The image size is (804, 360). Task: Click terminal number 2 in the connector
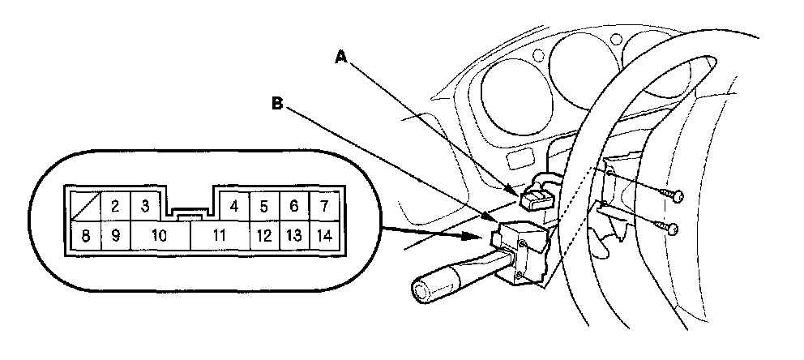click(115, 207)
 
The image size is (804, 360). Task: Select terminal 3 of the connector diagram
click(145, 207)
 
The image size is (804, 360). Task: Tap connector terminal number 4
click(233, 207)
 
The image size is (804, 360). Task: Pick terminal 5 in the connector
click(264, 207)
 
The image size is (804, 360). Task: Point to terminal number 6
click(293, 207)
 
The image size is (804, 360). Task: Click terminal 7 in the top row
click(323, 207)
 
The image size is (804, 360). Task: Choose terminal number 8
click(85, 237)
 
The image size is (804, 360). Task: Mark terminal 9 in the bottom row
click(115, 237)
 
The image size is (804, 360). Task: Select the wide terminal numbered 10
click(160, 237)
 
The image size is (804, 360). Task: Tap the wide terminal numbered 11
click(219, 237)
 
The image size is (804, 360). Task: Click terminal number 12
click(264, 237)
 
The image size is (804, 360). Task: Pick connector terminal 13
click(293, 237)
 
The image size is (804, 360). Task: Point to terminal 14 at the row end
click(323, 237)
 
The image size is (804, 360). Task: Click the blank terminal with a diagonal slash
click(85, 207)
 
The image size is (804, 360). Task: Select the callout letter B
click(278, 103)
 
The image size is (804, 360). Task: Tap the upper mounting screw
click(676, 195)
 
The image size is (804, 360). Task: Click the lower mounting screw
click(671, 229)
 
